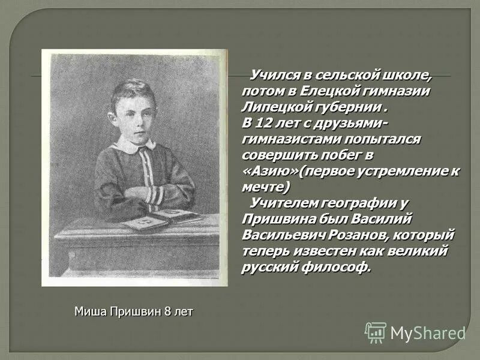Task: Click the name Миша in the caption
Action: click(x=89, y=312)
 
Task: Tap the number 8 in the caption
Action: click(x=167, y=312)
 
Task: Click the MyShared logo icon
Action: click(x=376, y=332)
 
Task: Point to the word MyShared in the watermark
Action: click(x=428, y=332)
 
